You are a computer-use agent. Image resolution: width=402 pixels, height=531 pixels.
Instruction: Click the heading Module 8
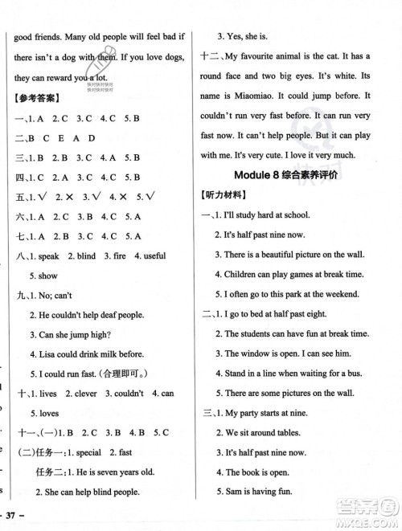coord(259,177)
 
